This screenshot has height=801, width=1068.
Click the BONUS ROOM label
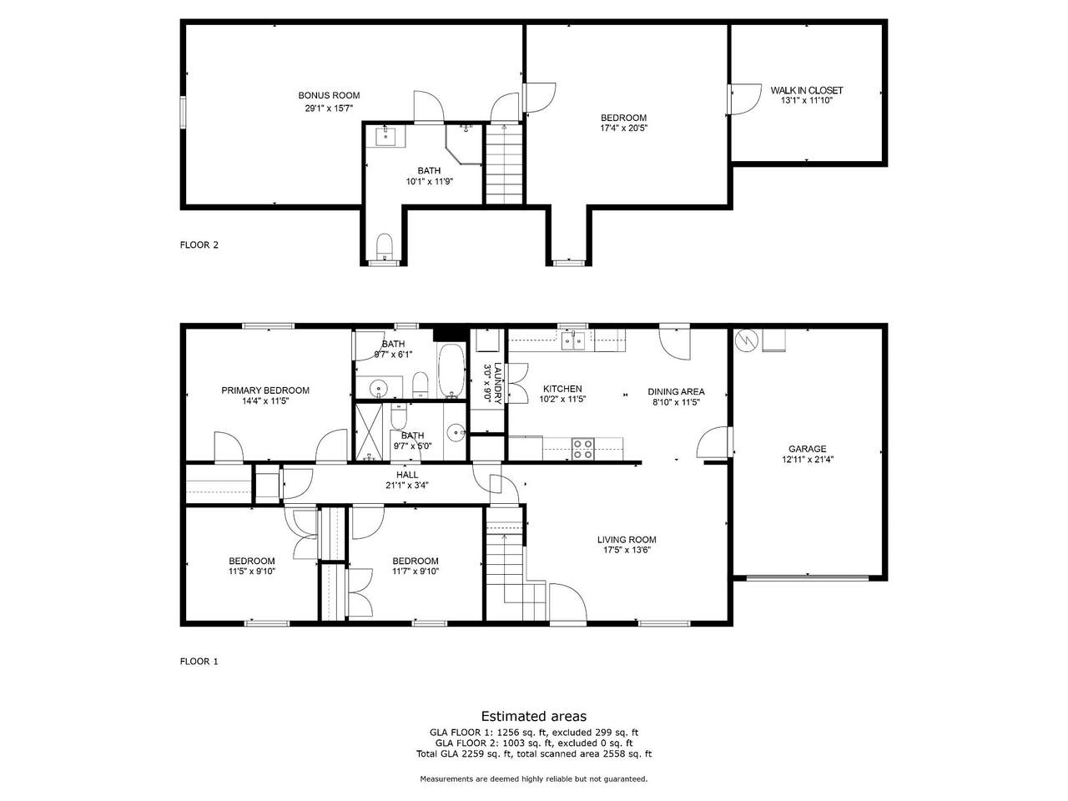(x=329, y=95)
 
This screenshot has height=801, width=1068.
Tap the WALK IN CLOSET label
(x=806, y=90)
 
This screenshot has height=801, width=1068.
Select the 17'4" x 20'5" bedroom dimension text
(x=624, y=128)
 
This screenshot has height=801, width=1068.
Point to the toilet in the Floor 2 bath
(x=385, y=247)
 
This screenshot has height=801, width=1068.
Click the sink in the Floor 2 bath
(x=390, y=136)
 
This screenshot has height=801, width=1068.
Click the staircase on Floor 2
(x=504, y=164)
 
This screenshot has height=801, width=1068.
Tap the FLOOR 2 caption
(x=199, y=244)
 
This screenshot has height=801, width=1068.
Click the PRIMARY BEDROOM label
(x=265, y=390)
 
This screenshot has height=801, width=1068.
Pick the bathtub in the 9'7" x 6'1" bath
(x=452, y=371)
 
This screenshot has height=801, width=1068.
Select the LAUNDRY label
(x=497, y=384)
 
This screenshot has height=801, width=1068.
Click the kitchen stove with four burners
(x=582, y=448)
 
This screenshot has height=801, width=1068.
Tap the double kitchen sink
(x=573, y=340)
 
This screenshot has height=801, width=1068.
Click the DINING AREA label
(x=676, y=391)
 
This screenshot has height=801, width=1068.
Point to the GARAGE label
(x=807, y=449)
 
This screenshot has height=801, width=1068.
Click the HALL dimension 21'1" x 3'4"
(x=407, y=485)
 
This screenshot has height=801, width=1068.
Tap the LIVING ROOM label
(x=627, y=539)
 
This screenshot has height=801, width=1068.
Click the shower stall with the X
(x=369, y=432)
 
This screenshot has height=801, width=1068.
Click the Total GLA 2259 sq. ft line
(x=534, y=753)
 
